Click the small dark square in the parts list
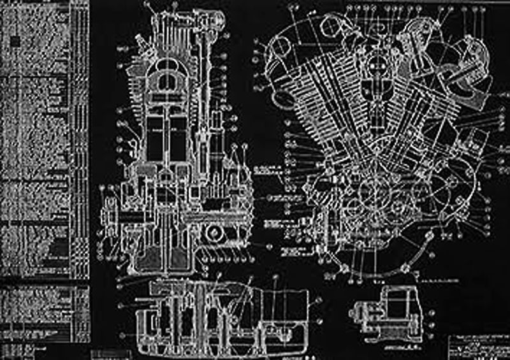(x=14, y=40)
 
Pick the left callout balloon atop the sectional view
(x=147, y=7)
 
